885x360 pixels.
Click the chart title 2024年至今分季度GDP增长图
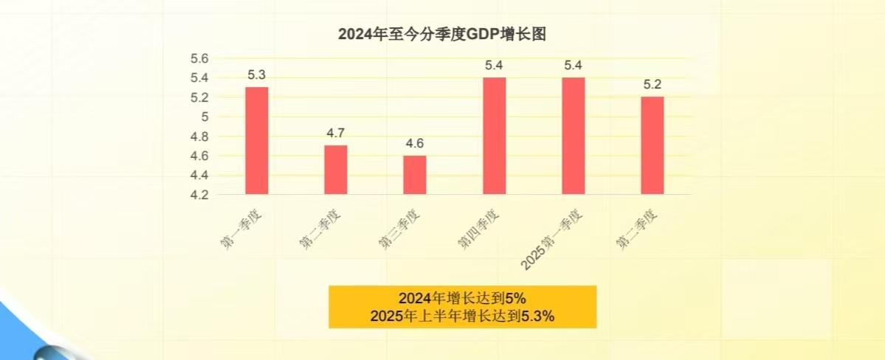[x=441, y=35]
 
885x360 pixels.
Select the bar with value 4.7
[x=336, y=170]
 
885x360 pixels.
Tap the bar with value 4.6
[x=415, y=175]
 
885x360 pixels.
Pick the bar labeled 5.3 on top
[x=257, y=141]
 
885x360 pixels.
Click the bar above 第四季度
[x=495, y=136]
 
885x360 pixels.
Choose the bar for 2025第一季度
[x=574, y=136]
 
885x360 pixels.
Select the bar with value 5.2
[x=652, y=145]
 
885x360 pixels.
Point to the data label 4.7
[x=336, y=134]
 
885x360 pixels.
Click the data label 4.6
[x=415, y=143]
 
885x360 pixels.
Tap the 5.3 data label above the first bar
[x=257, y=75]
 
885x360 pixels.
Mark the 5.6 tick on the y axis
[x=200, y=58]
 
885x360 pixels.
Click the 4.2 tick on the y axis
[x=200, y=195]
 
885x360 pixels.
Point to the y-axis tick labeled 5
[x=205, y=117]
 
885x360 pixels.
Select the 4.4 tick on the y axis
[x=200, y=176]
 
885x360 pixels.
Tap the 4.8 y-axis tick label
[x=200, y=136]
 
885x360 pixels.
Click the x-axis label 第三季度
[x=399, y=229]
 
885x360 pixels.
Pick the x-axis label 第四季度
[x=478, y=229]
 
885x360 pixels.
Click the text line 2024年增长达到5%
[x=462, y=299]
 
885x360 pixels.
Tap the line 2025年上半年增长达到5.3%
[x=462, y=316]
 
